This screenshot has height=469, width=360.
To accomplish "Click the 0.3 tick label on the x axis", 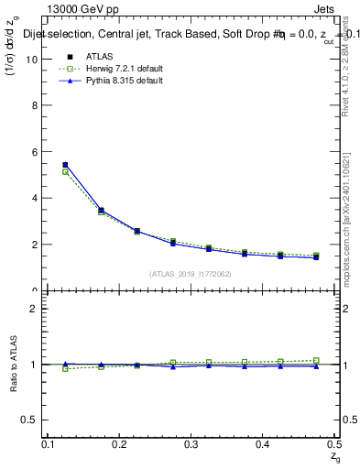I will [x=191, y=444].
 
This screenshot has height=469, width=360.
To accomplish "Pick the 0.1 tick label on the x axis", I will [x=49, y=444].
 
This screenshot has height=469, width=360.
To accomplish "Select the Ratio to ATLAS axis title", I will [x=14, y=365].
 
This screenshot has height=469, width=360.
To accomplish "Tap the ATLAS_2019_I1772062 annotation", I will [x=191, y=274].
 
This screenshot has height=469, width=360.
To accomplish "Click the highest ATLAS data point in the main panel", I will [x=64, y=165].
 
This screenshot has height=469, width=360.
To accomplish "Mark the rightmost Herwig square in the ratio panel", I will [x=316, y=360].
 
